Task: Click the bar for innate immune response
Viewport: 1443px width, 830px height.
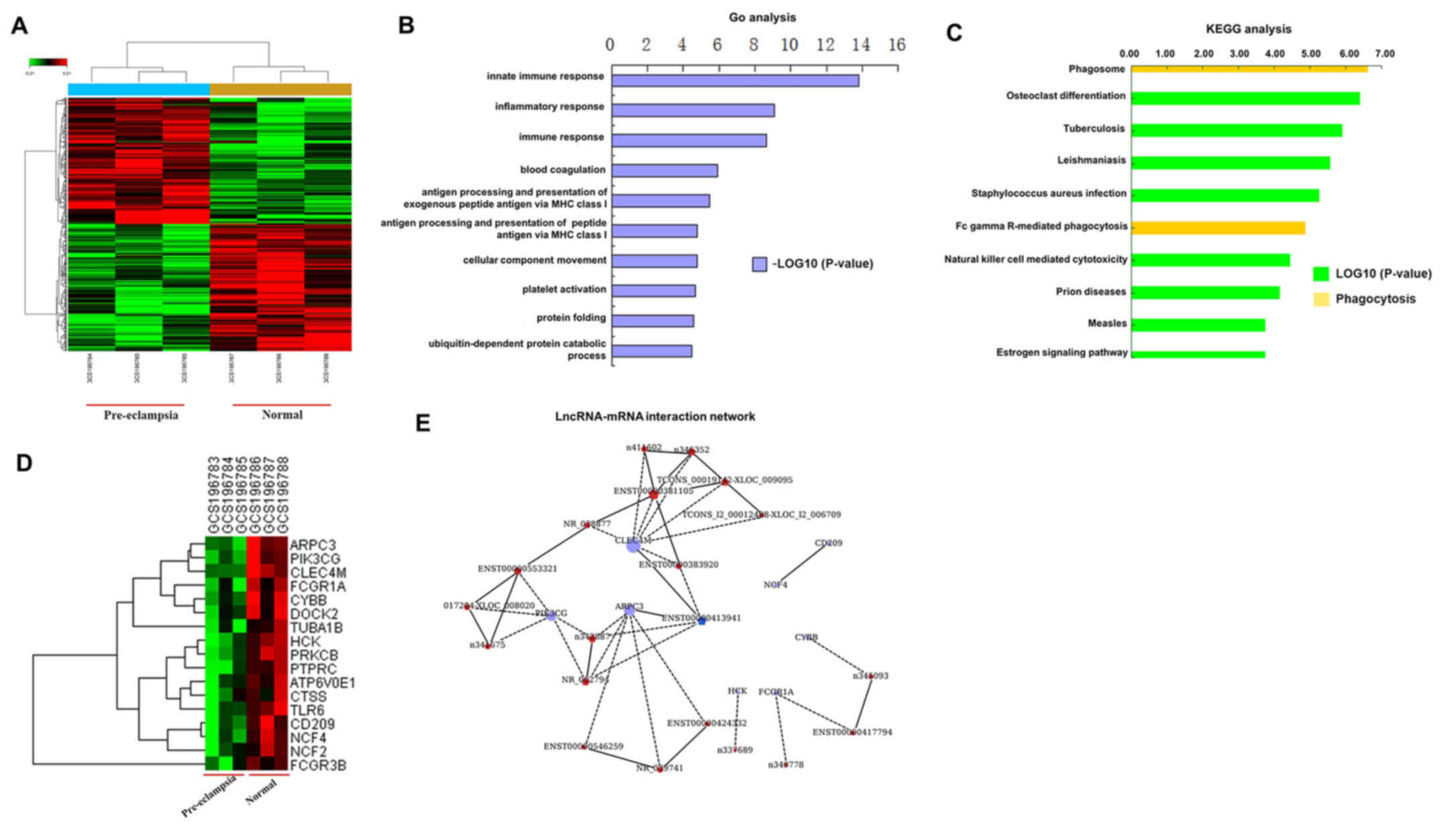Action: pyautogui.click(x=735, y=81)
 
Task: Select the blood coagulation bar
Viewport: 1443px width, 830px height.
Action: pyautogui.click(x=664, y=170)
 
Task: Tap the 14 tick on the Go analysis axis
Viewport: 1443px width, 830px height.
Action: pyautogui.click(x=861, y=45)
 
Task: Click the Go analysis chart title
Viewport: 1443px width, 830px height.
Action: pyautogui.click(x=762, y=17)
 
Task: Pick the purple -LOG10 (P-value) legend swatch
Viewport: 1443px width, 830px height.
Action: pyautogui.click(x=759, y=264)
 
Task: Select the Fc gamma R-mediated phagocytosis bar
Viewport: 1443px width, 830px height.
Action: pyautogui.click(x=1218, y=228)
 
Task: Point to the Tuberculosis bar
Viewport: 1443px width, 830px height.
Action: pyautogui.click(x=1236, y=130)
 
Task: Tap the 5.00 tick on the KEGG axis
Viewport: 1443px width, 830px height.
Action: pyautogui.click(x=1310, y=54)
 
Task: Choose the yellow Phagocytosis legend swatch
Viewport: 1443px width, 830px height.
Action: pyautogui.click(x=1321, y=299)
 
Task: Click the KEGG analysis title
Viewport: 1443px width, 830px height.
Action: pyautogui.click(x=1248, y=29)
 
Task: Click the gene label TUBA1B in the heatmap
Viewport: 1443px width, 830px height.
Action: pyautogui.click(x=316, y=628)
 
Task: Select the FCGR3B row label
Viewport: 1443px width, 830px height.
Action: pyautogui.click(x=318, y=765)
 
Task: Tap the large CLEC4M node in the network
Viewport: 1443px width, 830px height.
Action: pyautogui.click(x=633, y=546)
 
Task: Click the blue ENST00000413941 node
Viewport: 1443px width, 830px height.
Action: pyautogui.click(x=701, y=621)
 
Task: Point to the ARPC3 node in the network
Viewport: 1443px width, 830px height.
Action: pyautogui.click(x=629, y=611)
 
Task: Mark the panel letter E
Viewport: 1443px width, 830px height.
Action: pyautogui.click(x=422, y=423)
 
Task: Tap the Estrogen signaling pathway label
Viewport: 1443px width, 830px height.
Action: pyautogui.click(x=1062, y=352)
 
